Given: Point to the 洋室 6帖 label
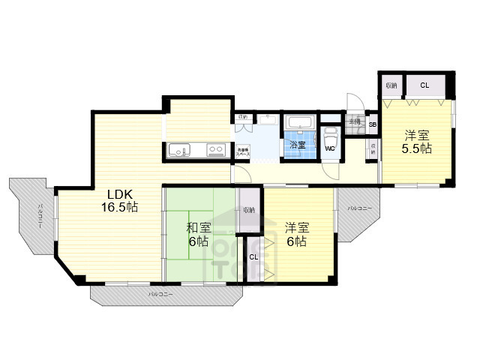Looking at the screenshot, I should (x=295, y=234).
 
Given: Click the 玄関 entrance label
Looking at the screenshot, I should (x=355, y=121).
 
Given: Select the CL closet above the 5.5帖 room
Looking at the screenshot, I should (x=424, y=85).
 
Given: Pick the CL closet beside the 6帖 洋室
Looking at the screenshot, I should (x=253, y=256).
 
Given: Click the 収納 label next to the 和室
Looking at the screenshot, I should (x=248, y=210).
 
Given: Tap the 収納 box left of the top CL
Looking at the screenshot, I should (x=391, y=85).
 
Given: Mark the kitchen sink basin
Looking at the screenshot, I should (x=180, y=149).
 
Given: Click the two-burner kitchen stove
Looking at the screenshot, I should (x=215, y=149).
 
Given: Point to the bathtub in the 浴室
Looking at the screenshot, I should (x=301, y=124).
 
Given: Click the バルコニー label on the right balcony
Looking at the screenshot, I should (x=359, y=208).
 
